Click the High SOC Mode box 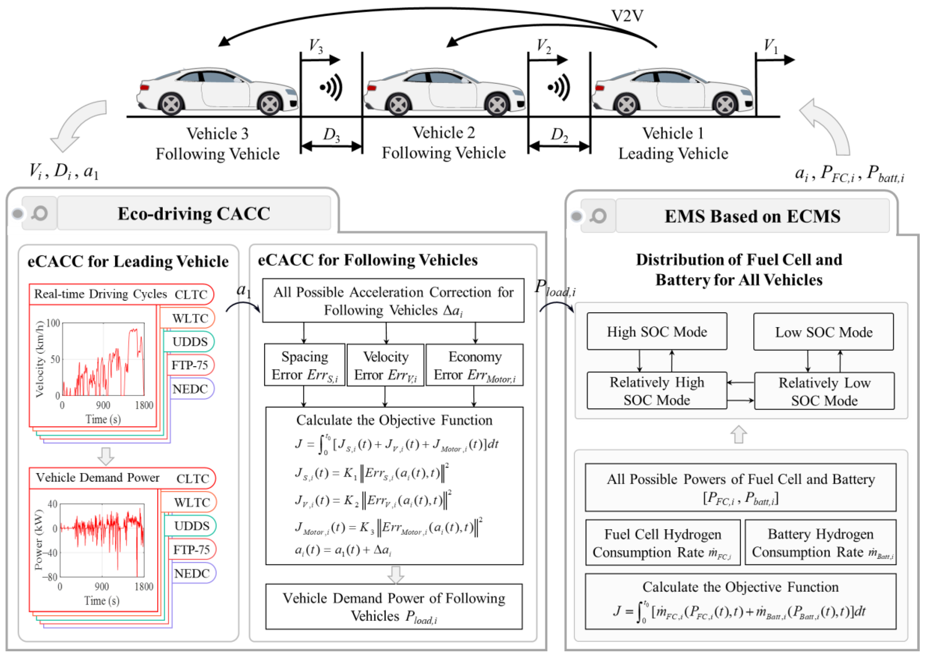(x=657, y=332)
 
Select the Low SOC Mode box (x=823, y=332)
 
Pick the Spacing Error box (x=304, y=365)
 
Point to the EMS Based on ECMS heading (x=752, y=216)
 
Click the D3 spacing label (x=331, y=134)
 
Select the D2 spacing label (x=559, y=134)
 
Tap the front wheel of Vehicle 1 (x=725, y=105)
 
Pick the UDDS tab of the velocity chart (x=189, y=342)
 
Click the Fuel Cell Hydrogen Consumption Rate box (x=663, y=543)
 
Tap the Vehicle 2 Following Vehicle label (x=444, y=143)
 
